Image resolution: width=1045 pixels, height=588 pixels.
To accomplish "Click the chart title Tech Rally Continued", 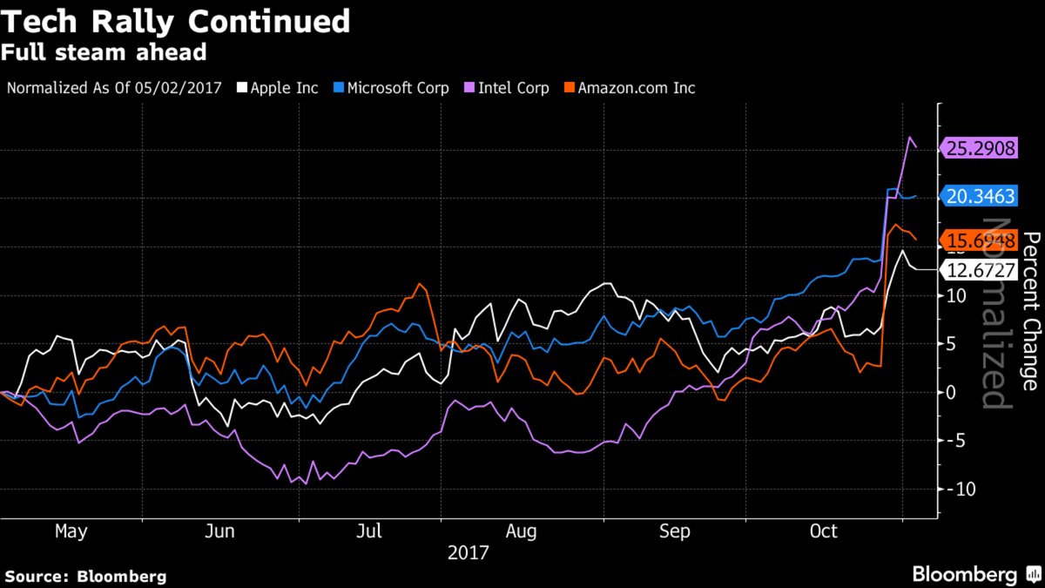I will click(x=176, y=21).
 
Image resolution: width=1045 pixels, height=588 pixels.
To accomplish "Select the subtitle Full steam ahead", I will click(x=104, y=52).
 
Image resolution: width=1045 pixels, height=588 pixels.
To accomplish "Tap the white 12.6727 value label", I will click(x=981, y=270).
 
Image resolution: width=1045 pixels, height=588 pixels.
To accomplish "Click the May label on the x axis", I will click(x=71, y=531).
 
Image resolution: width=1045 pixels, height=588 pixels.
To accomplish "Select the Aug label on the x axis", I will click(x=522, y=531).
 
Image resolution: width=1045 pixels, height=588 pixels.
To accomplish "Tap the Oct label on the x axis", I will click(x=823, y=531).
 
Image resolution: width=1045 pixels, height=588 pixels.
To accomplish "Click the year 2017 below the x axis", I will click(x=469, y=552).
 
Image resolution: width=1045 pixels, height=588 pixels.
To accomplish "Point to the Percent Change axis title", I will click(x=1030, y=310).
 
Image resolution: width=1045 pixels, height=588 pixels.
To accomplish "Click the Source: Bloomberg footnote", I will click(x=85, y=577).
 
